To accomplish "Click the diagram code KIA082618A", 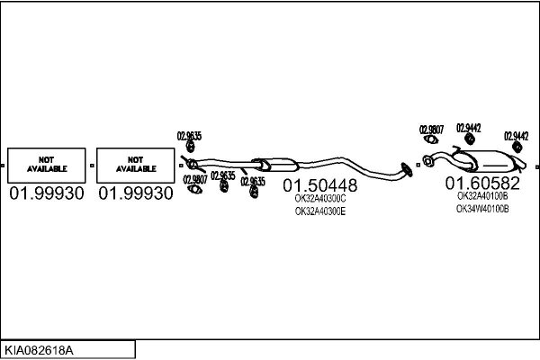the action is [x=39, y=350].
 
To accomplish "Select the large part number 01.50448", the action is [x=319, y=185].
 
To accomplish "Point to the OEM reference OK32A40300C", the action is [x=319, y=199].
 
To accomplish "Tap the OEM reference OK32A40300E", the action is [x=319, y=211].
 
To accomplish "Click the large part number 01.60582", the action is [x=482, y=184].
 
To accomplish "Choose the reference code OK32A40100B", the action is [x=482, y=196].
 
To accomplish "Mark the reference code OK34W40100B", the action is [x=482, y=209].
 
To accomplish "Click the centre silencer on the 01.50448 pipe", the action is [x=275, y=165].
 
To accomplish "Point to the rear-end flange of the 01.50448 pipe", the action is [x=407, y=170].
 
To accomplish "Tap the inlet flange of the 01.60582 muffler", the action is [x=427, y=161].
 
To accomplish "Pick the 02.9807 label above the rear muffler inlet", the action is [x=431, y=130].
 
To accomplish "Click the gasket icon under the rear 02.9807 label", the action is [x=431, y=139].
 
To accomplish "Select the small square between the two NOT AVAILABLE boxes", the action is [x=92, y=166].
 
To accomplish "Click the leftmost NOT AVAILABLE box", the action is [x=47, y=166].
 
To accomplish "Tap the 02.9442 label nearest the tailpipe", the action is [x=517, y=136].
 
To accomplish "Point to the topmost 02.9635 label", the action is [x=189, y=136].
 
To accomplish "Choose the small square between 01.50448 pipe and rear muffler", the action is [x=418, y=165].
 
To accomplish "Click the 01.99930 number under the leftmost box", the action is [x=47, y=193].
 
